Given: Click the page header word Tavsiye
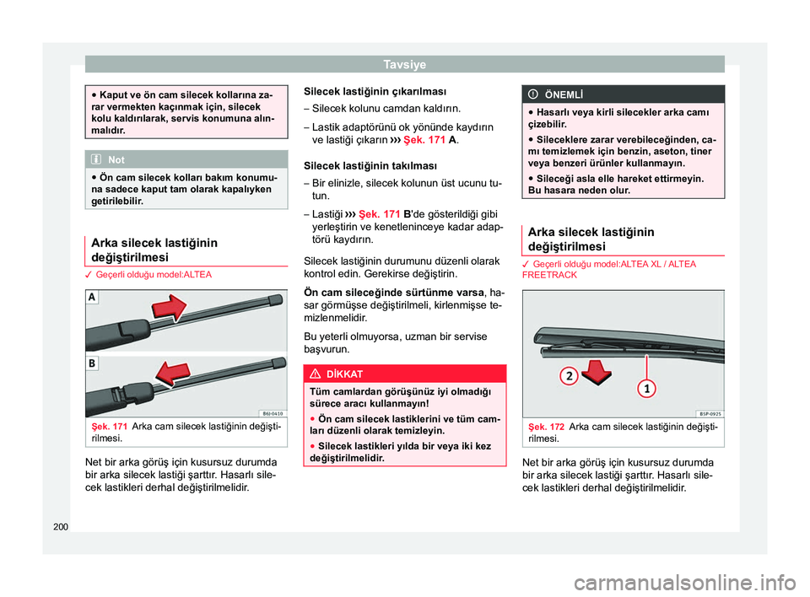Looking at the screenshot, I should coord(404,64).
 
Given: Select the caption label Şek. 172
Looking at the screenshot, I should coord(545,428).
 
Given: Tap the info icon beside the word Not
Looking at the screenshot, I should coord(100,159).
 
